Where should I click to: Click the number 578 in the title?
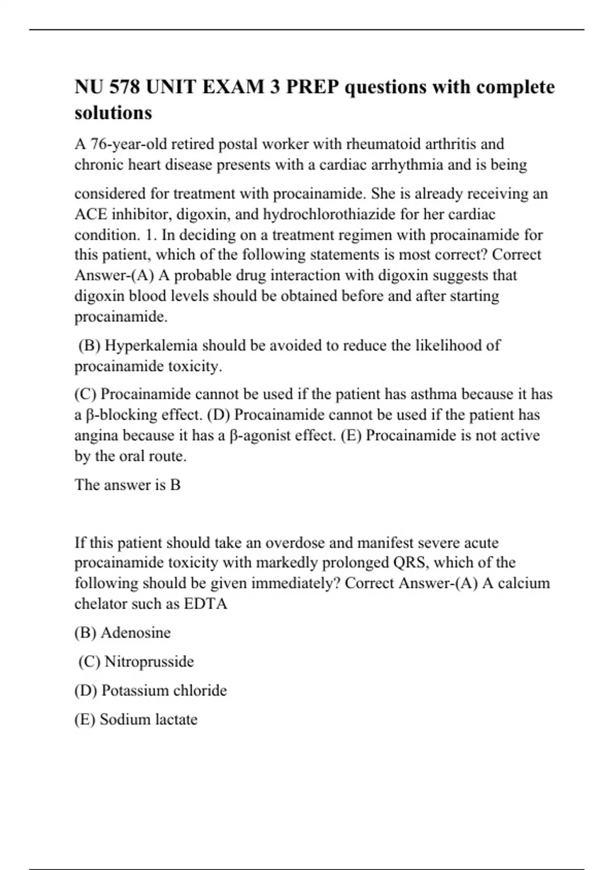pos(124,87)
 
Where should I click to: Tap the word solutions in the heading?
pos(113,113)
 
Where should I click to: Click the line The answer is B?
pos(127,485)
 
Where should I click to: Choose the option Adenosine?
pos(136,633)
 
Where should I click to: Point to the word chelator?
pos(100,604)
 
